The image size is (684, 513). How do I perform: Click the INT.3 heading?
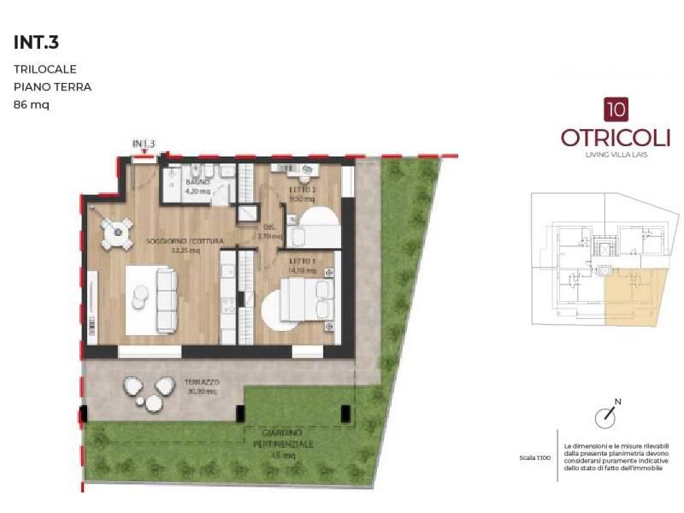point(36,42)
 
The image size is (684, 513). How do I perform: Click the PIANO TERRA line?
point(52,86)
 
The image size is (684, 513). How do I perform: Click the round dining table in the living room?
point(116,231)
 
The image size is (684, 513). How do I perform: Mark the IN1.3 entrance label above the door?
point(143,144)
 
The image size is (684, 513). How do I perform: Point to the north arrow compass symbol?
point(606,416)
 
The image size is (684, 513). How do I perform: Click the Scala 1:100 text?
point(534,457)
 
